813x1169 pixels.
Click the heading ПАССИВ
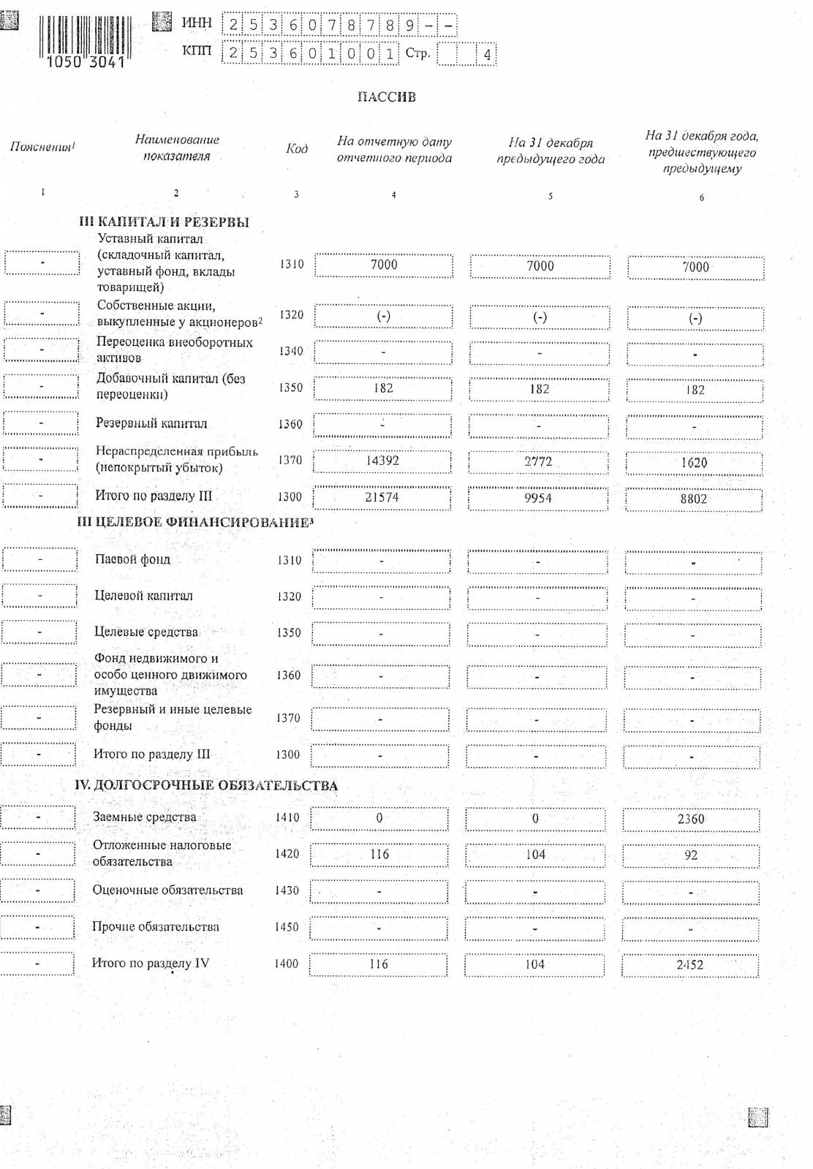point(386,97)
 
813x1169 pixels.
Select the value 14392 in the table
point(382,461)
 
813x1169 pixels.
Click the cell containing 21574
point(382,498)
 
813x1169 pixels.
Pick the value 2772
point(538,462)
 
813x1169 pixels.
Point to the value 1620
point(694,463)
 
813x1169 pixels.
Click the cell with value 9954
point(538,499)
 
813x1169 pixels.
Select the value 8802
point(694,499)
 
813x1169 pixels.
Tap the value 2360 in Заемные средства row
point(691,819)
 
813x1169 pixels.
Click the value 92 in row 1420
point(691,855)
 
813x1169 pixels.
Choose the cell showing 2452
point(690,965)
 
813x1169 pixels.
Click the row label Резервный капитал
point(151,424)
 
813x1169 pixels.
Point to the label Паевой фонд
point(132,560)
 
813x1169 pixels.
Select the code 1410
point(287,817)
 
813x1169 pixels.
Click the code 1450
point(287,927)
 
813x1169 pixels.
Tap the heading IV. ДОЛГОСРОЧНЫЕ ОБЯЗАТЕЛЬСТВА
point(206,786)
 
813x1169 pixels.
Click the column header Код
point(296,149)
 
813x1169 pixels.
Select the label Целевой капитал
point(143,596)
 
